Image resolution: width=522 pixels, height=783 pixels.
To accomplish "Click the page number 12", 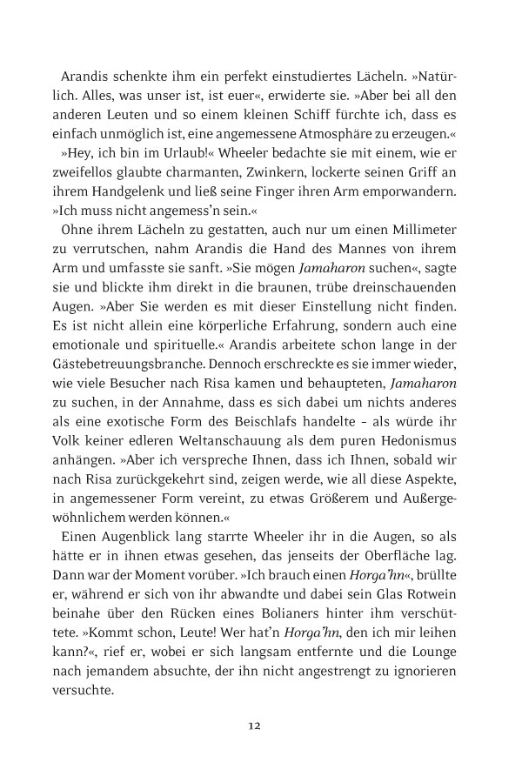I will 254,726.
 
